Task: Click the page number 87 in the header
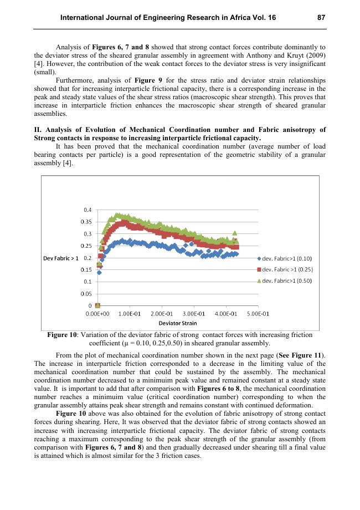[321, 18]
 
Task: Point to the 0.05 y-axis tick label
[86, 294]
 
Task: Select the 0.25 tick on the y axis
[86, 246]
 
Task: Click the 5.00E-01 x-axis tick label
[258, 314]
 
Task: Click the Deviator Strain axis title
[177, 323]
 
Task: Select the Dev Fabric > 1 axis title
[60, 258]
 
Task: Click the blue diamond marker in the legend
[259, 258]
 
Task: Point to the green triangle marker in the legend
[259, 280]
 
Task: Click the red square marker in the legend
[259, 269]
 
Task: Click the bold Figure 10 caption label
[63, 335]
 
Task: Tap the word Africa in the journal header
[246, 18]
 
